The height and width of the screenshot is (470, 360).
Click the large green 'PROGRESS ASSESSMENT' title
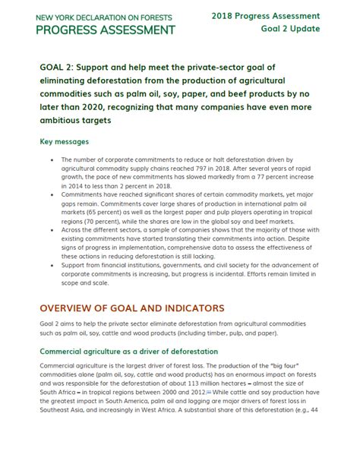[106, 30]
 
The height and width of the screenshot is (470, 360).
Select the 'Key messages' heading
[65, 142]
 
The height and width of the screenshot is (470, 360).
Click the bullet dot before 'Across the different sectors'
[50, 229]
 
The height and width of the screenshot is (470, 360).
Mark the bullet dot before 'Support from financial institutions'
[50, 263]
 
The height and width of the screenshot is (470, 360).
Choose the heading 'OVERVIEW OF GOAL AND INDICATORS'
[131, 308]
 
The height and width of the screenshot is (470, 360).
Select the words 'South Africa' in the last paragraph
[62, 393]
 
